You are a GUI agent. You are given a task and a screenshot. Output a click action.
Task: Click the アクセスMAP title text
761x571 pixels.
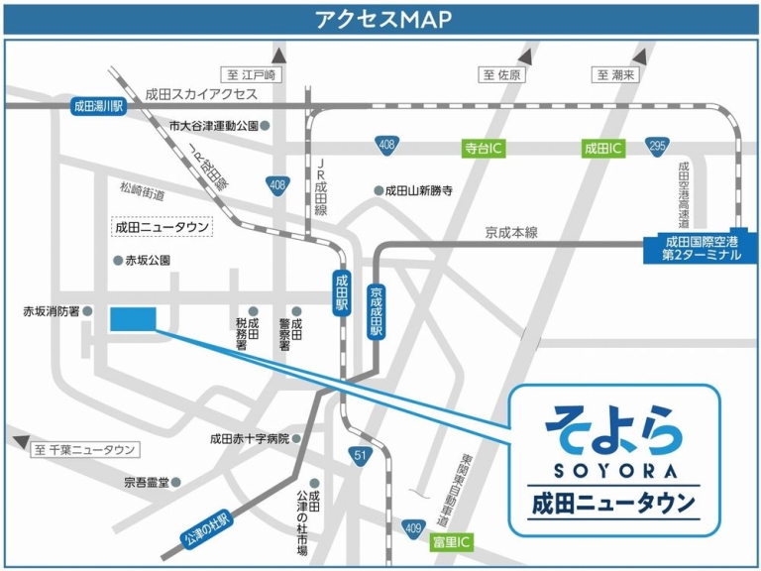[381, 19]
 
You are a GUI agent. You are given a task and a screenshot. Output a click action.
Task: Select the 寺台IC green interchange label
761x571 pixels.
[485, 149]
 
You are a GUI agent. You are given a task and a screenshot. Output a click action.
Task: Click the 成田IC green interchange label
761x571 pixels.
[602, 149]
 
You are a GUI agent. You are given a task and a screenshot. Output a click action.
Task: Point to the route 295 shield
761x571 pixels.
[655, 146]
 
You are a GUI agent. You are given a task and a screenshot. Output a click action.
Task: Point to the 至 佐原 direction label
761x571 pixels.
[502, 75]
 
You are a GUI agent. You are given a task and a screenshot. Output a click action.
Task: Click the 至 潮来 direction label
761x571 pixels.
[619, 75]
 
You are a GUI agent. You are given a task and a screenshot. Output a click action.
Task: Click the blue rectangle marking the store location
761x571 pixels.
[133, 318]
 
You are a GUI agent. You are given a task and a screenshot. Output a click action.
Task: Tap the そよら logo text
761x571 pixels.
[613, 427]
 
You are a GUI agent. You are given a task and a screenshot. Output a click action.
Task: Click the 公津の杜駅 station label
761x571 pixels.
[206, 530]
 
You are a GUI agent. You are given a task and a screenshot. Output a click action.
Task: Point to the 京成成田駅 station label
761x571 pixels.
[376, 311]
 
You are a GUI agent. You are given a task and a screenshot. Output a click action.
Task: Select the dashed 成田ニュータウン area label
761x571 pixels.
[163, 227]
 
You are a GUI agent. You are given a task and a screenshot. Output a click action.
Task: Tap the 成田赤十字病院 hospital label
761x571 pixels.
[249, 438]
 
